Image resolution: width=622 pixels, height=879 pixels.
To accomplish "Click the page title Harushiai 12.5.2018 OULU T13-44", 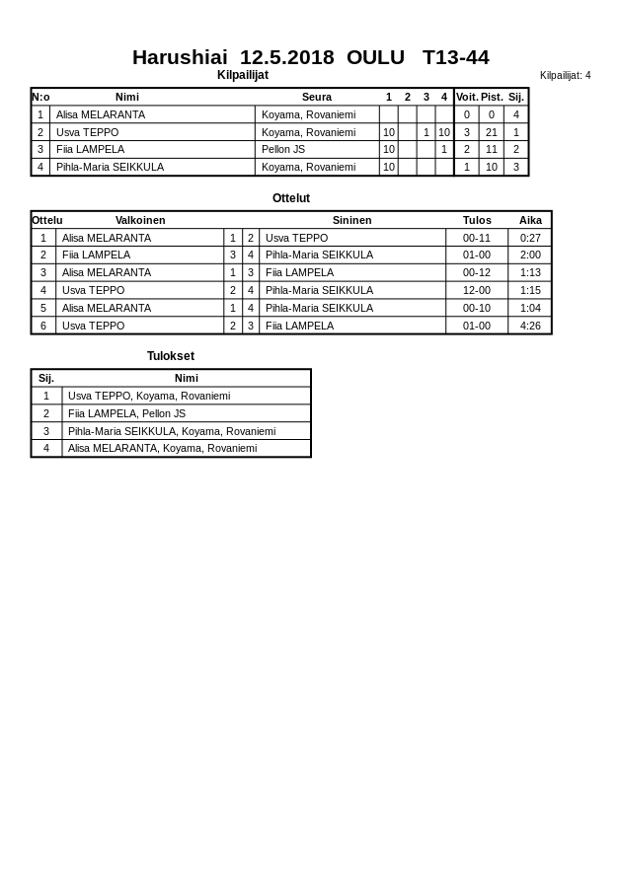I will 310,57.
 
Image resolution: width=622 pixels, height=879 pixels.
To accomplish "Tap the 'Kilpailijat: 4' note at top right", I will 565,75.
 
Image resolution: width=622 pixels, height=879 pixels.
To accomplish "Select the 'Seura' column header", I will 317,97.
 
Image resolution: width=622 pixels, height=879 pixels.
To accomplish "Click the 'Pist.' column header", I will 492,97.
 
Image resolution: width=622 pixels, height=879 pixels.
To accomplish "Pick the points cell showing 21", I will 492,132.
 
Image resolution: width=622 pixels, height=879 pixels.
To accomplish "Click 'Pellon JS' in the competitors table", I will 283,149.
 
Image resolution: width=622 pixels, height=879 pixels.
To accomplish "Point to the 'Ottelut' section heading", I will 291,198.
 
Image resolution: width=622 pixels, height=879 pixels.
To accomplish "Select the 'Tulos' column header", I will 477,220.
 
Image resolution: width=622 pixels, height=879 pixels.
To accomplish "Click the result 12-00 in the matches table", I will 477,290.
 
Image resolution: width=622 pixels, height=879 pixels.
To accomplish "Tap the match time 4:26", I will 530,326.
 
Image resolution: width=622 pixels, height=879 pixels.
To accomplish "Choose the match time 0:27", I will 530,238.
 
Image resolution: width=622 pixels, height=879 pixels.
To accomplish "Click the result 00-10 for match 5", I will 477,308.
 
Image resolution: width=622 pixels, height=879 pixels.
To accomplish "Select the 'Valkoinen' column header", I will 140,220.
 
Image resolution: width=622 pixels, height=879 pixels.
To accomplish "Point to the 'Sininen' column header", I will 352,220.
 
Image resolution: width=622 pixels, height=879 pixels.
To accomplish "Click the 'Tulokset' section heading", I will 171,356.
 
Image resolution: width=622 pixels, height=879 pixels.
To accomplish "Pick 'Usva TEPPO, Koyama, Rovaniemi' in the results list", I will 149,396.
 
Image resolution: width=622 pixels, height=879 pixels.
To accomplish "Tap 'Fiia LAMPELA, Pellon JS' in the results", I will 126,413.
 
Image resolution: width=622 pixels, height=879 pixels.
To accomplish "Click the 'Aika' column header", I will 530,220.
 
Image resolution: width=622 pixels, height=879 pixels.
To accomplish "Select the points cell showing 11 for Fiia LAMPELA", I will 492,149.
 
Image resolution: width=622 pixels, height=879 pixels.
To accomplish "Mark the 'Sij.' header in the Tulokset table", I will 46,378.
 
